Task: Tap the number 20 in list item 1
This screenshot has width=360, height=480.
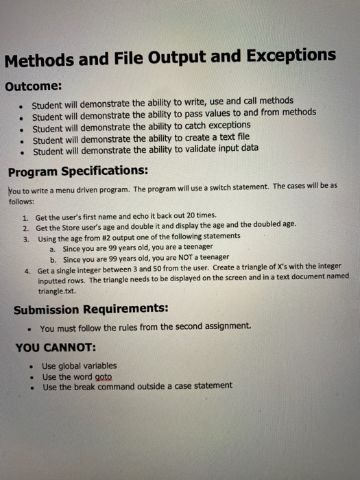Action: point(183,216)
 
